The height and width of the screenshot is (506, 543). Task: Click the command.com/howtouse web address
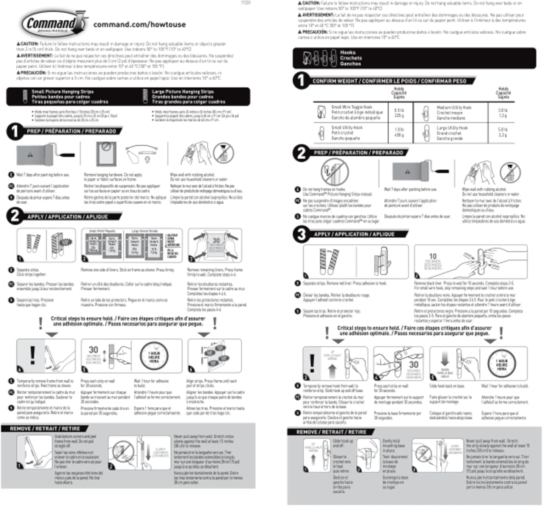[139, 25]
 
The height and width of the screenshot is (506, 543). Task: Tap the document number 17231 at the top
[245, 3]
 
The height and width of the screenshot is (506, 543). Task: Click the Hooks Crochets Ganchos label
[351, 58]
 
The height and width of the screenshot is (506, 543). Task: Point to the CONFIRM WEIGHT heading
[389, 81]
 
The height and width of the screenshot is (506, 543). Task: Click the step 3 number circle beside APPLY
[301, 234]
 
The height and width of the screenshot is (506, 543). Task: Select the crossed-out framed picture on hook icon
[334, 172]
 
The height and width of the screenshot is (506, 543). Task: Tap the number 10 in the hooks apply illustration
[433, 256]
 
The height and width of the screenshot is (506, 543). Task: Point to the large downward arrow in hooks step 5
[445, 359]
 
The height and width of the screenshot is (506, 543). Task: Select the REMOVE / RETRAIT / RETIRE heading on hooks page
[331, 432]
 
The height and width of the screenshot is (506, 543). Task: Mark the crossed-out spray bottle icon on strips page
[223, 153]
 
